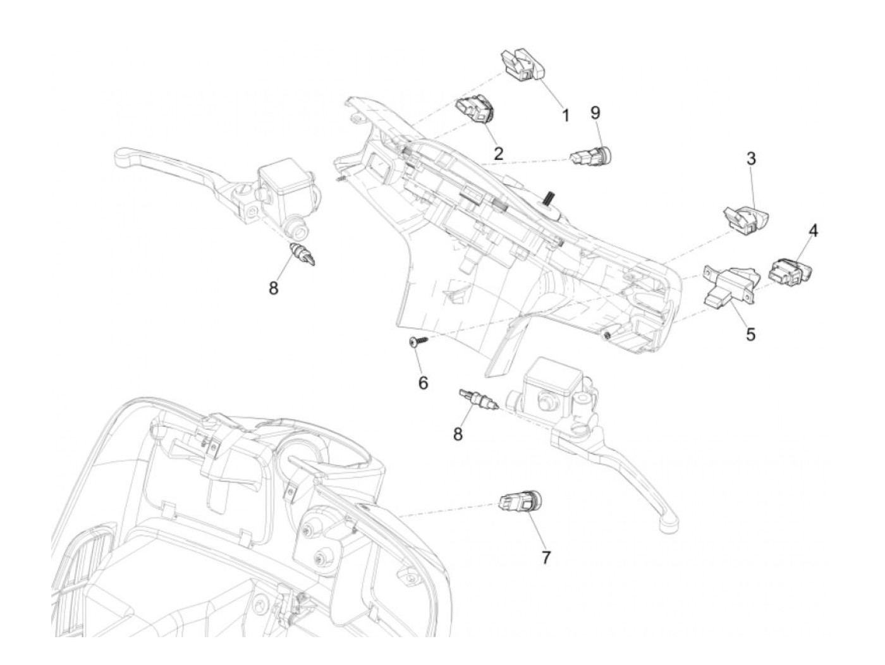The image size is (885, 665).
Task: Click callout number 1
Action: pyautogui.click(x=566, y=116)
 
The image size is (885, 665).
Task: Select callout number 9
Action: pyautogui.click(x=595, y=113)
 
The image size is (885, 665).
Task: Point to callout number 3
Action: pyautogui.click(x=751, y=159)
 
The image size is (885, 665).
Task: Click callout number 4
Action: pyautogui.click(x=813, y=231)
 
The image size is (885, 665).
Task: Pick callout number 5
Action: pyautogui.click(x=750, y=334)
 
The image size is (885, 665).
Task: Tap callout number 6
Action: pyautogui.click(x=423, y=382)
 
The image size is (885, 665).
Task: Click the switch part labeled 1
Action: pyautogui.click(x=522, y=66)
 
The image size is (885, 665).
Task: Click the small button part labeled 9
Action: pyautogui.click(x=592, y=154)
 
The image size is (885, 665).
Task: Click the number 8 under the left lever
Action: pyautogui.click(x=273, y=288)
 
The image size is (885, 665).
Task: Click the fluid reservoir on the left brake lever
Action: pyautogui.click(x=286, y=182)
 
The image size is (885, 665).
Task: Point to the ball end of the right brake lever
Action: pyautogui.click(x=669, y=522)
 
